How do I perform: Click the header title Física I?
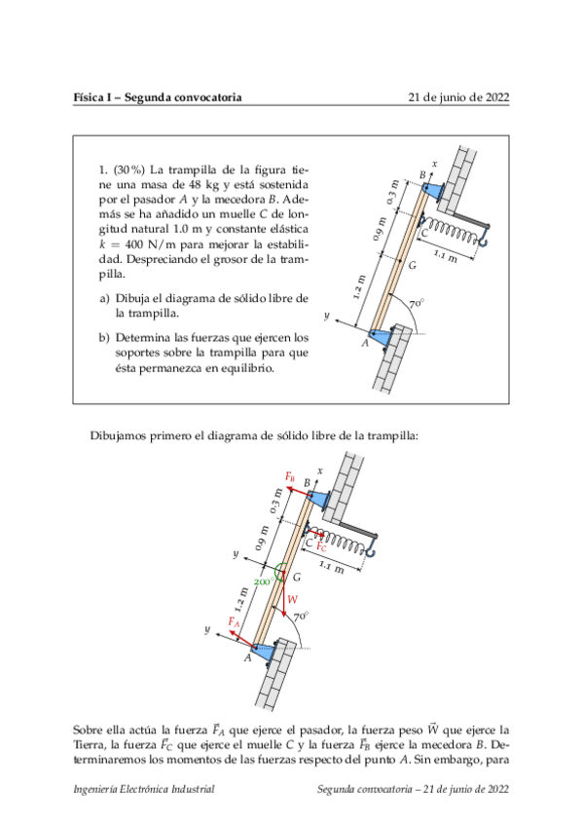91,97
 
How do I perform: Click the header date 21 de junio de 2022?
458,97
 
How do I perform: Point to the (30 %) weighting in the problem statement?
129,170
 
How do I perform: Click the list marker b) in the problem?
104,338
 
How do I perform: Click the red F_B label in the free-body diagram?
290,476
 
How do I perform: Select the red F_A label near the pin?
234,622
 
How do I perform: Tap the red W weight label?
293,599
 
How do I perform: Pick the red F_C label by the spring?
321,546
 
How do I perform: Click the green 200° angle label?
263,582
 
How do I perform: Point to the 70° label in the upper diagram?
417,304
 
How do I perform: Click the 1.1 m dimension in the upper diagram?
445,256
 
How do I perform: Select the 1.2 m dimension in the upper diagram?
359,287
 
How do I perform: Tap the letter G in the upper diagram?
413,266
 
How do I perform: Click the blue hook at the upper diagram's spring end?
484,235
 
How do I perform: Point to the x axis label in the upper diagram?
435,164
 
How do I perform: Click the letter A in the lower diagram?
247,657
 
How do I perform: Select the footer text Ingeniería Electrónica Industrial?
144,789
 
